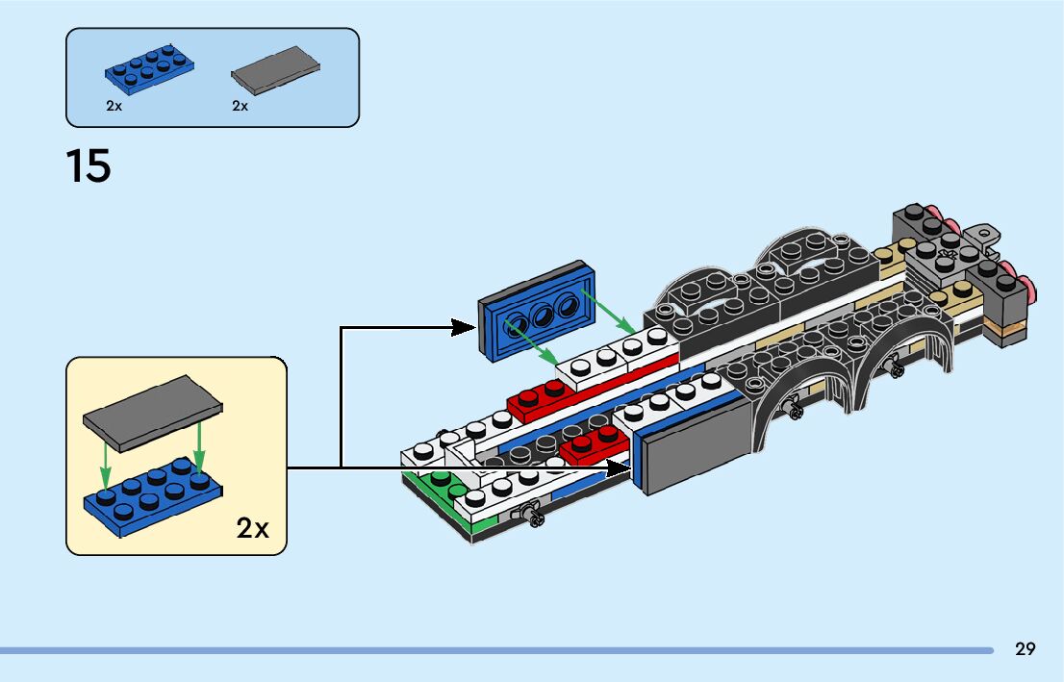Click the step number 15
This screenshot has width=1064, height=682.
tap(89, 165)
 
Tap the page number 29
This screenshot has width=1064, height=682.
tap(1026, 648)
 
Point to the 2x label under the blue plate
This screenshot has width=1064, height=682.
tap(114, 106)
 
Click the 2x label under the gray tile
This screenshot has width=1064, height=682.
tap(241, 106)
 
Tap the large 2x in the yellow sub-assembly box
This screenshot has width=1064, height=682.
tap(253, 527)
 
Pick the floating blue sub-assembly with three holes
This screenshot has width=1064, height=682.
tap(537, 312)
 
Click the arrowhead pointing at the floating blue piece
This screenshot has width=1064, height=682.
tap(464, 327)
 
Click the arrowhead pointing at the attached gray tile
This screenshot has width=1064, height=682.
tap(618, 468)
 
